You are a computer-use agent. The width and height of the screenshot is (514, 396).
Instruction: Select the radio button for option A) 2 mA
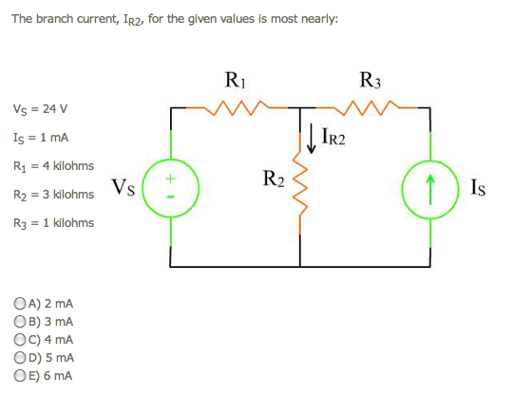(20, 305)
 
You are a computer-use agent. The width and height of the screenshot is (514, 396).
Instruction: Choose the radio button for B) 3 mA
(20, 322)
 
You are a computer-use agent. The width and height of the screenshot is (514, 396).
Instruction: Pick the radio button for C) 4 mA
(20, 339)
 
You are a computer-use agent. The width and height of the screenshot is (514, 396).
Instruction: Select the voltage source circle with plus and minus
(171, 186)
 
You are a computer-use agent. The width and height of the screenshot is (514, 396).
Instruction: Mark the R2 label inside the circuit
(273, 178)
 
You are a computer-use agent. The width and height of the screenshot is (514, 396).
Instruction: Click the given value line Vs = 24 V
(41, 108)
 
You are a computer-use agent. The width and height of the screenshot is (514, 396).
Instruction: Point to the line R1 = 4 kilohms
(53, 165)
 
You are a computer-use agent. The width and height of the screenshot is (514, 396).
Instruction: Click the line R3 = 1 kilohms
(53, 223)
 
